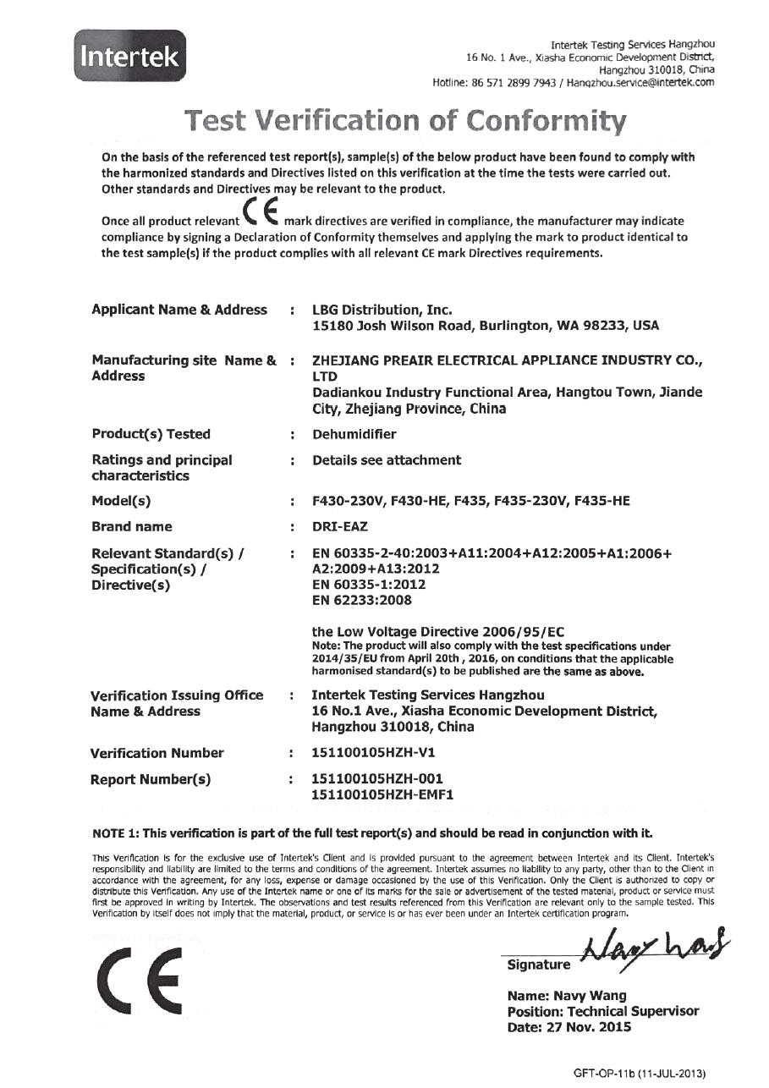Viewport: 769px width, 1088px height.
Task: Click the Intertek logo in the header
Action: click(x=129, y=56)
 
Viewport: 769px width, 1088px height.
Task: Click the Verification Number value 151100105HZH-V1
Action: click(x=374, y=753)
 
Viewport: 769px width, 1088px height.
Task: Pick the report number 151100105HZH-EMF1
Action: click(x=383, y=794)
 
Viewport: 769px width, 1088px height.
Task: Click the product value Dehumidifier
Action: click(x=354, y=434)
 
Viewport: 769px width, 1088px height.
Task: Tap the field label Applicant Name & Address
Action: click(x=179, y=310)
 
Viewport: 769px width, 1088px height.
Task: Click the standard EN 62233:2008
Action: click(x=362, y=601)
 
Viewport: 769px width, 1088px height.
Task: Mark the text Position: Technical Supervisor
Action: click(x=603, y=1012)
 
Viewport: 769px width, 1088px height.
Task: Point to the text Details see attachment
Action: click(x=387, y=460)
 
